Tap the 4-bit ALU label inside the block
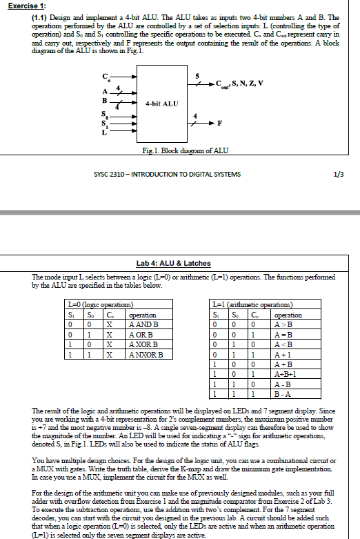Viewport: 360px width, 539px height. pyautogui.click(x=162, y=103)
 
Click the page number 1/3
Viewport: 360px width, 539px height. pyautogui.click(x=337, y=174)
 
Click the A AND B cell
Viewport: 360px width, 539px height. pyautogui.click(x=143, y=324)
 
